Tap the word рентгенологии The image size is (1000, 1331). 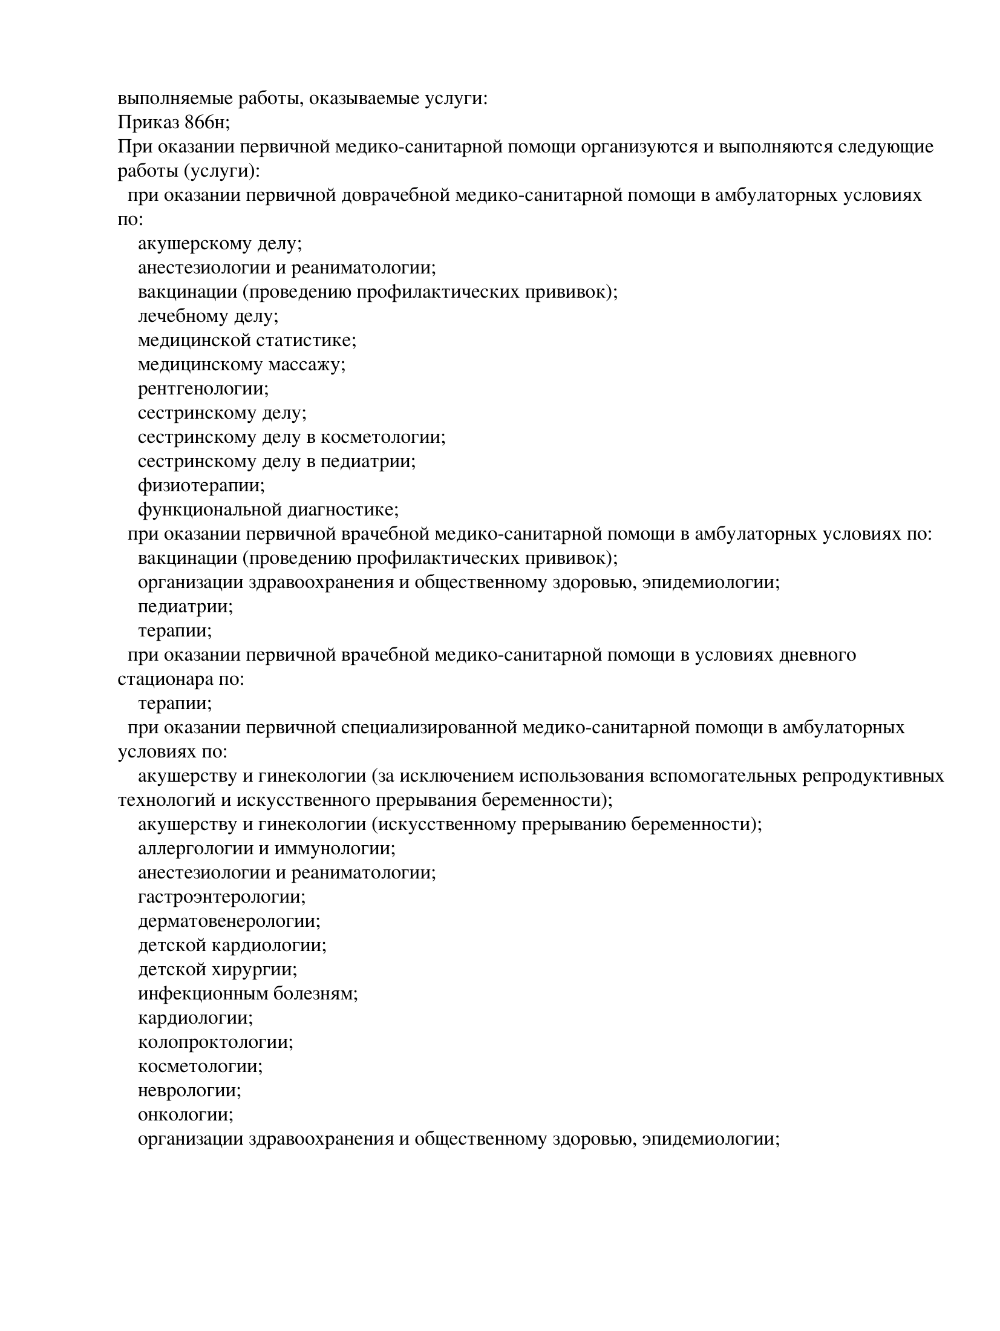point(203,389)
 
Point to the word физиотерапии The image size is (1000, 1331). point(201,486)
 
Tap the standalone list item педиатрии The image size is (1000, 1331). point(185,607)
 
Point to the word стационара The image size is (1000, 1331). point(164,679)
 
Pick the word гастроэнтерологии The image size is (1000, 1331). point(221,897)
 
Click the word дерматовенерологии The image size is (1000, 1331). point(229,921)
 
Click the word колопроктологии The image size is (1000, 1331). point(215,1042)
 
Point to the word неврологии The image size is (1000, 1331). point(189,1091)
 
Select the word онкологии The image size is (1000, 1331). point(185,1115)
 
